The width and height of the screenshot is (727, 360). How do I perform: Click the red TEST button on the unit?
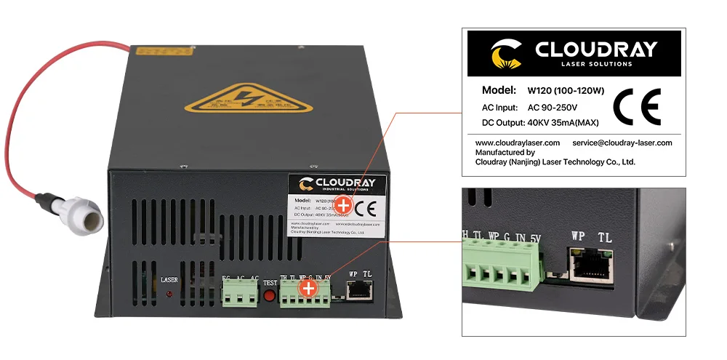click(269, 296)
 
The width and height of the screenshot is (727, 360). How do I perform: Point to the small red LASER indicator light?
click(169, 294)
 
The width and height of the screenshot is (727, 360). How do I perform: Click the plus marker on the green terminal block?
click(309, 289)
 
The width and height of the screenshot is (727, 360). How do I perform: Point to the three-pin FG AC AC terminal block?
click(241, 295)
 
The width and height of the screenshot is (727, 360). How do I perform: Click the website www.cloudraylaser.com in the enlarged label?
click(517, 143)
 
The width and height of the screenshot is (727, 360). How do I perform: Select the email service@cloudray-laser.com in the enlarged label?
click(622, 143)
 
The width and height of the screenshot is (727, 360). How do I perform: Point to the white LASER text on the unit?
click(169, 279)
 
